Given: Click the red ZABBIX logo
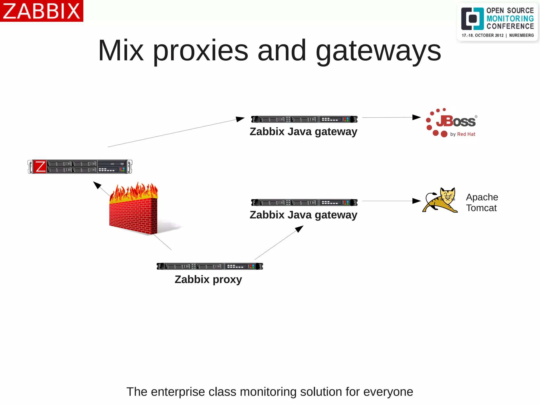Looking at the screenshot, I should [41, 11].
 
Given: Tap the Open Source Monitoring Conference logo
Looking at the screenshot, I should [497, 22].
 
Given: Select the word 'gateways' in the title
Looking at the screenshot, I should [378, 51].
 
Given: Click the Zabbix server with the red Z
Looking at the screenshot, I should [80, 166].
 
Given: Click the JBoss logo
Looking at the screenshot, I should [451, 123].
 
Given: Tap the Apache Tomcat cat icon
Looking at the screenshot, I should [440, 200].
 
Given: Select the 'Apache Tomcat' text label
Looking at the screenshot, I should [482, 202].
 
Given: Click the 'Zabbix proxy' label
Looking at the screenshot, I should [208, 279].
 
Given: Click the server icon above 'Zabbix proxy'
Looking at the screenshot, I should [210, 266].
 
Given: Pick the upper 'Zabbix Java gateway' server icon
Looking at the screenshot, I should [304, 119].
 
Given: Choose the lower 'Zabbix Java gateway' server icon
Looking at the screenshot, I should [304, 202].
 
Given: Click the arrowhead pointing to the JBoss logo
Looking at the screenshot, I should [417, 117].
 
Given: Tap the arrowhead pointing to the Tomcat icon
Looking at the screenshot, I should [417, 201].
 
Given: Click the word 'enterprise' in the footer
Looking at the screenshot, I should [178, 392].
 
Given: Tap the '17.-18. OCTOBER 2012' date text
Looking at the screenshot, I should [483, 35].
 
